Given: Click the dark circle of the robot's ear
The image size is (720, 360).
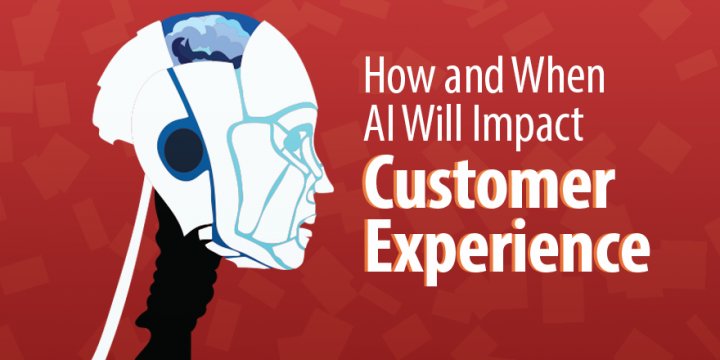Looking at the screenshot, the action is point(184,150).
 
